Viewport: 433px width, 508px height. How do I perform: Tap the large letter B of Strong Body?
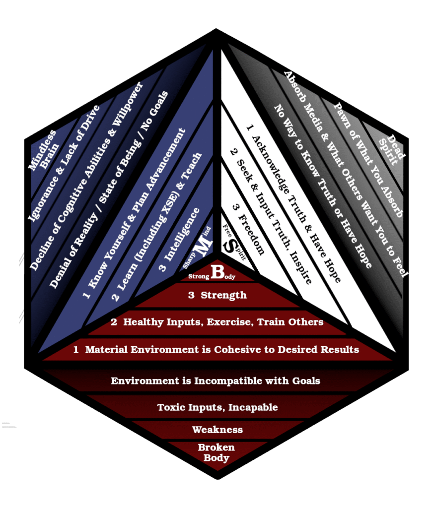[217, 271]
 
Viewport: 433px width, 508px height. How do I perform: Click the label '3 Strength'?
[217, 296]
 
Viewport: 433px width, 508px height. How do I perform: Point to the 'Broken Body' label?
[216, 452]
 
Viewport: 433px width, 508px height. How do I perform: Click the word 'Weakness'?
[217, 430]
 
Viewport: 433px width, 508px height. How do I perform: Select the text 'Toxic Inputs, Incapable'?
[217, 408]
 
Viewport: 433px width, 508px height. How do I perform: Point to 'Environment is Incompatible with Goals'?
[216, 381]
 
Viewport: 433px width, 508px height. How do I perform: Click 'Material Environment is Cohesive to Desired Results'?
[221, 350]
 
